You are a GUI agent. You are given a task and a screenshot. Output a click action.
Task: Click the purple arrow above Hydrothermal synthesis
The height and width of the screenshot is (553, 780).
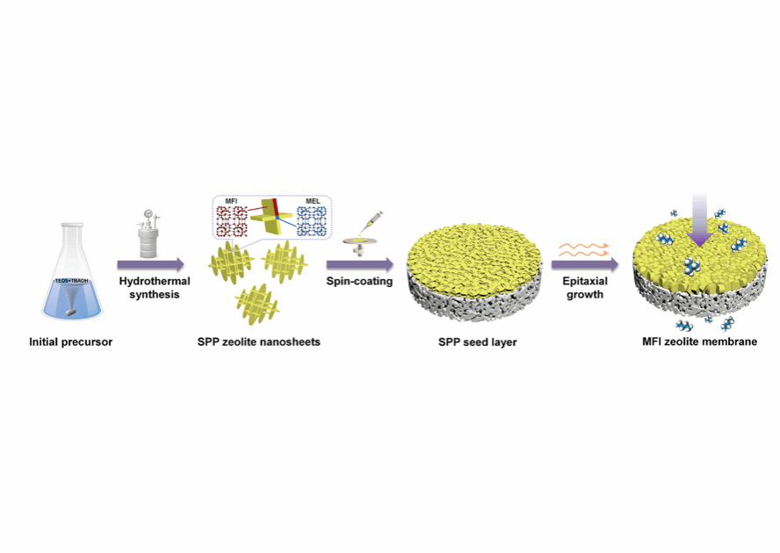click(150, 263)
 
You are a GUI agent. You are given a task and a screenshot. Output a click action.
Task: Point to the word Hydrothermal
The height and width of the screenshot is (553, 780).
click(150, 281)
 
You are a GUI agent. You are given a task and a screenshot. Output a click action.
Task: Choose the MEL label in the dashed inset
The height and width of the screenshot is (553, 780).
click(311, 201)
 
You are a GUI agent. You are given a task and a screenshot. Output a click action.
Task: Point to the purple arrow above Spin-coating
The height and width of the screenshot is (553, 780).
click(360, 263)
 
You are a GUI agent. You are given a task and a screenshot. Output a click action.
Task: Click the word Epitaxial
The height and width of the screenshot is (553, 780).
click(583, 281)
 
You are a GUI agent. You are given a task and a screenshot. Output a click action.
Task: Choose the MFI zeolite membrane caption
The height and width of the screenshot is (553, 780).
click(699, 341)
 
